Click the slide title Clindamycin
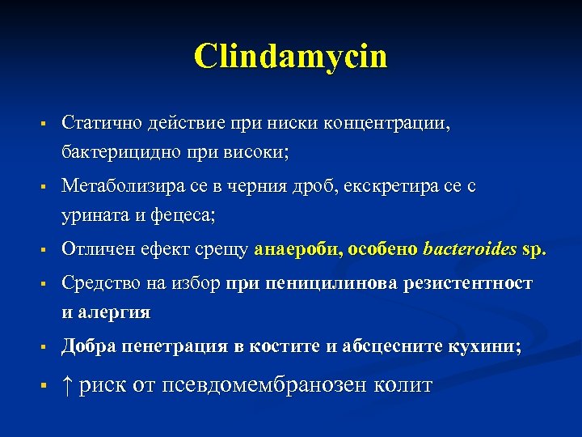(x=291, y=57)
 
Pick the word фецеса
(x=183, y=214)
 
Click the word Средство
(x=98, y=284)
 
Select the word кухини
(x=487, y=347)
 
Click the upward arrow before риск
(x=68, y=384)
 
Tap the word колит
(x=403, y=385)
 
